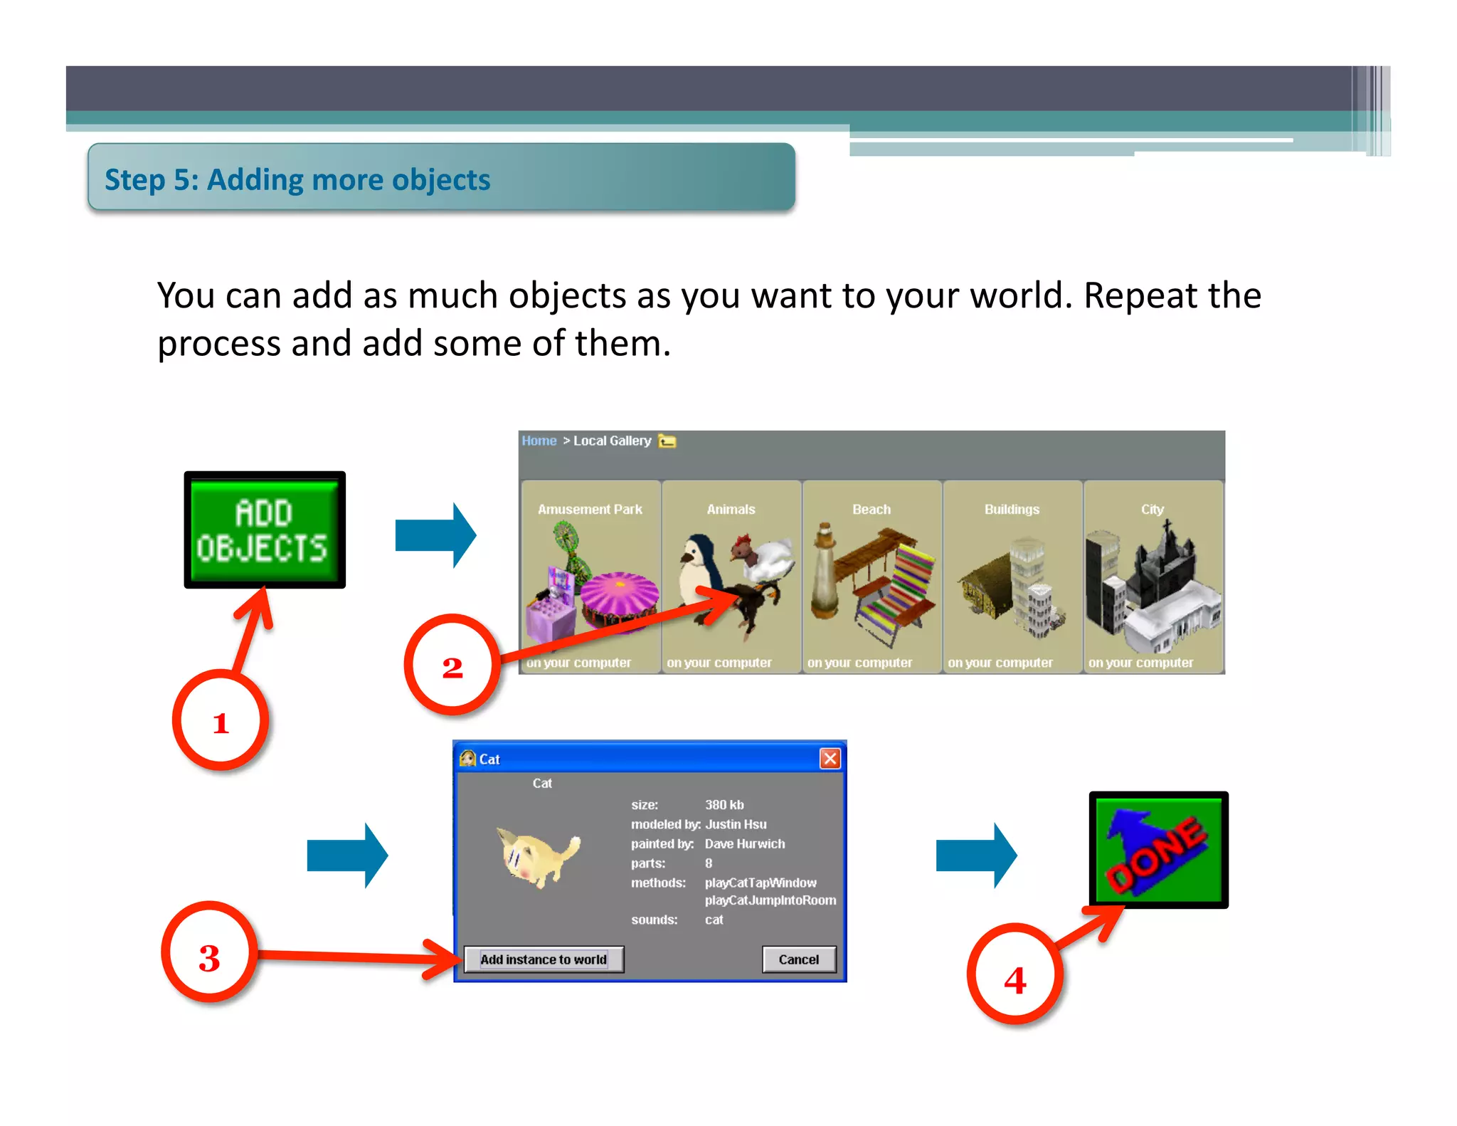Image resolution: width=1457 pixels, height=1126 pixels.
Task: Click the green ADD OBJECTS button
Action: pyautogui.click(x=265, y=530)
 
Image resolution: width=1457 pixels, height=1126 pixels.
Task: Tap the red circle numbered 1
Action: pyautogui.click(x=221, y=720)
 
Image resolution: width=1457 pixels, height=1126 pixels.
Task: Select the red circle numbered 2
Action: pyautogui.click(x=452, y=665)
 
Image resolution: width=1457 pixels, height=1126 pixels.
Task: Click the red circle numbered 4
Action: pyautogui.click(x=1014, y=975)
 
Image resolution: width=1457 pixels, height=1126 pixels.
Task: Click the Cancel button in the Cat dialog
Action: pyautogui.click(x=798, y=959)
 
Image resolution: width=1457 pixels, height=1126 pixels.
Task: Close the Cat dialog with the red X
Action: pyautogui.click(x=830, y=759)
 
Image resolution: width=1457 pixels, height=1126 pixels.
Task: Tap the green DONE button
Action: pyautogui.click(x=1158, y=850)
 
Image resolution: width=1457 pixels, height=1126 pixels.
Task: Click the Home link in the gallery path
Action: pyautogui.click(x=539, y=441)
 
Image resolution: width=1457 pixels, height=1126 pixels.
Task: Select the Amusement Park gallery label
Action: pyautogui.click(x=590, y=510)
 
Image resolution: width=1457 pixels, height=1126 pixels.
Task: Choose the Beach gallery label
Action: pyautogui.click(x=871, y=510)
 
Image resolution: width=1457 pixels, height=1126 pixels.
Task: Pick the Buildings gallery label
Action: pyautogui.click(x=1012, y=510)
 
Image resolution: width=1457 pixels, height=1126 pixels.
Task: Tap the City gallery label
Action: pyautogui.click(x=1153, y=510)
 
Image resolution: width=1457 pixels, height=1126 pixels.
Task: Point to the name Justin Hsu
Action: pyautogui.click(x=736, y=824)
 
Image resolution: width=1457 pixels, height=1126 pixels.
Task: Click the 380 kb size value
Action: pyautogui.click(x=724, y=805)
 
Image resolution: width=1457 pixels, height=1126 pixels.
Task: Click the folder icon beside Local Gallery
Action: pyautogui.click(x=667, y=441)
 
